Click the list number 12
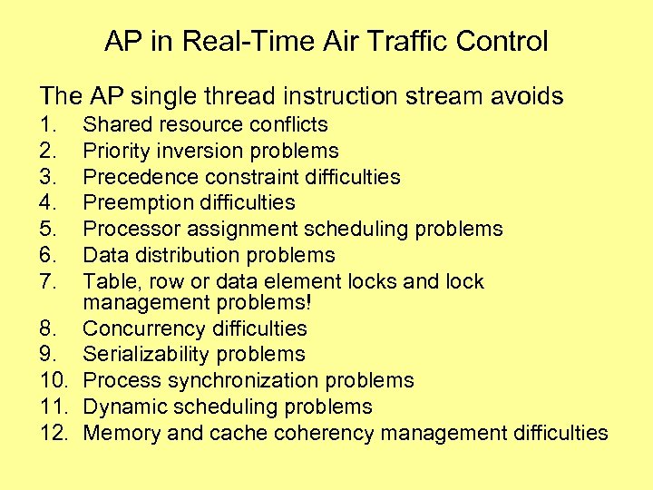(54, 433)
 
